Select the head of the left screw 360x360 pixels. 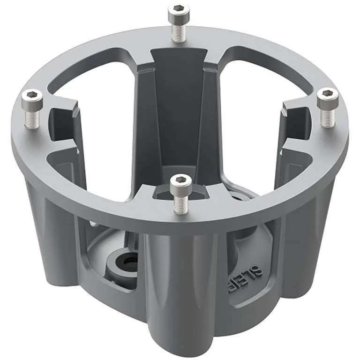point(32,97)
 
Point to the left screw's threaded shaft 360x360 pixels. point(33,116)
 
